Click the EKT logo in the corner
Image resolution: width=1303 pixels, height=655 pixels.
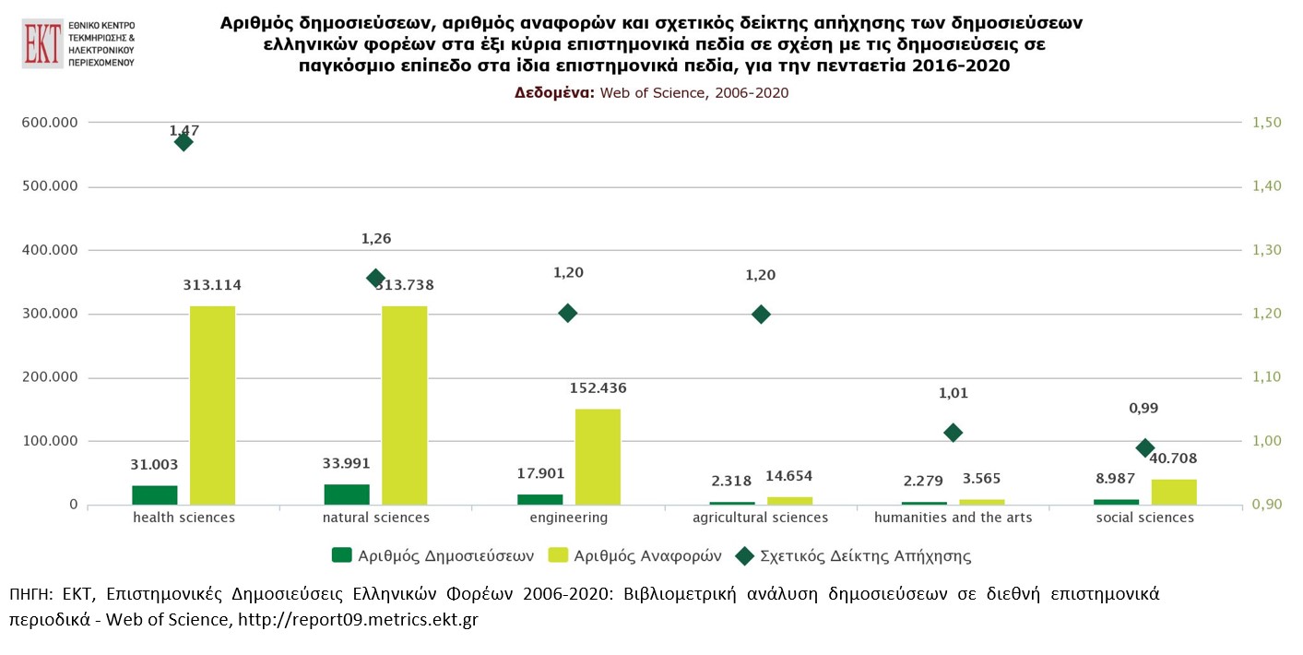(78, 42)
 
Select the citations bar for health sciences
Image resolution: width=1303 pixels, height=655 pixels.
(212, 405)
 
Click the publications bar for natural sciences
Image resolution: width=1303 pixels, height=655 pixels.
(347, 494)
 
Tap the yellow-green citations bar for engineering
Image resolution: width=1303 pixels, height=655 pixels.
(598, 457)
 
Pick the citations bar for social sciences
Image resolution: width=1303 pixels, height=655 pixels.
(1174, 492)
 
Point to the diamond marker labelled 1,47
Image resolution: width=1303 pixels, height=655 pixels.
(184, 142)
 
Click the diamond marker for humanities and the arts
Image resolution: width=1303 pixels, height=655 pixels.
(954, 433)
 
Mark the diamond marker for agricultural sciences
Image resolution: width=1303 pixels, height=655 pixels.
(761, 314)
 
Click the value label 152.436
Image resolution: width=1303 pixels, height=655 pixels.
(598, 388)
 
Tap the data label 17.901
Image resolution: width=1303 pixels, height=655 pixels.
(540, 474)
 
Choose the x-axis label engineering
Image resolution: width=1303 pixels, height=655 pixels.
(569, 518)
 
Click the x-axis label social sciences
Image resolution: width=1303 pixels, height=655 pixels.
(1145, 518)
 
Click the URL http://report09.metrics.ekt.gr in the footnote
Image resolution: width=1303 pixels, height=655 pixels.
(358, 620)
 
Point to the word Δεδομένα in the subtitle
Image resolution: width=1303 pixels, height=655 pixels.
(553, 93)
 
